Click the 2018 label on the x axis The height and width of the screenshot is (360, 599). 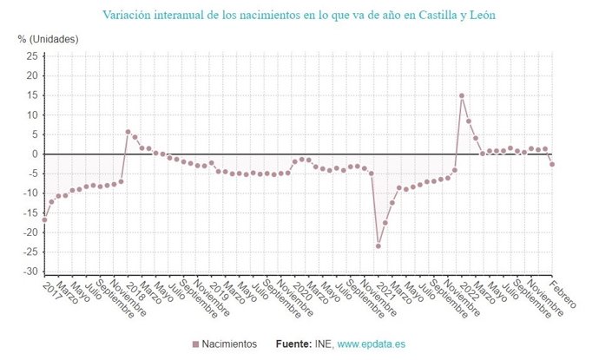135,289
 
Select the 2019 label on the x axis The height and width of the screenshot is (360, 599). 218,289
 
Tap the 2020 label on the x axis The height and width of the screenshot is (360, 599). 301,289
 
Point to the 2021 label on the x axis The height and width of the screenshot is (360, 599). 385,289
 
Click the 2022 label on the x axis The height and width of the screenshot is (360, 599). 468,289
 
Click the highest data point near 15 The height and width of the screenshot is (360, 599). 462,95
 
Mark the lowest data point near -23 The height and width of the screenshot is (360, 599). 378,245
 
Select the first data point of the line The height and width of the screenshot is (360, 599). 44,219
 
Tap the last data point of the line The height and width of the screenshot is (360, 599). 552,165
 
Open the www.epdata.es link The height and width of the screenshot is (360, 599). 371,344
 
